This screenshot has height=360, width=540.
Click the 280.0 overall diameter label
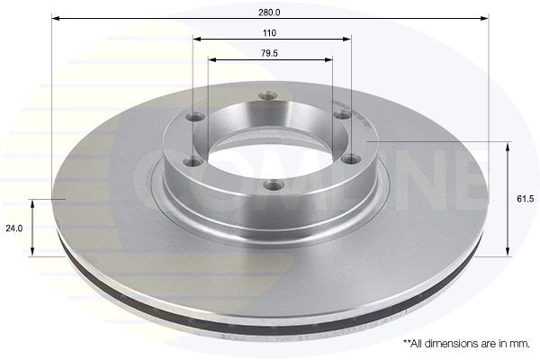point(270,12)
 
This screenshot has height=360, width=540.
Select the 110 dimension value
point(270,32)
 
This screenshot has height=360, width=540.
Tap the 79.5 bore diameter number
point(270,53)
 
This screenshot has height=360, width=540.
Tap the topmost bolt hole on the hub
point(265,95)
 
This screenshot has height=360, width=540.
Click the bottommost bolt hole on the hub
point(269,185)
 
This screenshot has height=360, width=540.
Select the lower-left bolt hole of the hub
point(191,162)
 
